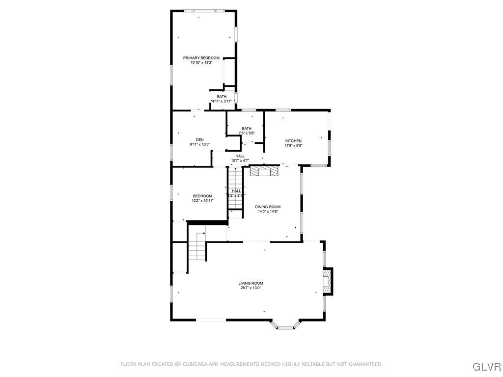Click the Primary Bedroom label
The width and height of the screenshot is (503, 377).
(x=201, y=58)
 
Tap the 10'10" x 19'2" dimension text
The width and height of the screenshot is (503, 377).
(x=201, y=63)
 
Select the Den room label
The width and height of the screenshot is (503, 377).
(x=199, y=139)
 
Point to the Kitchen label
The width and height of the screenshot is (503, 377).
(x=293, y=141)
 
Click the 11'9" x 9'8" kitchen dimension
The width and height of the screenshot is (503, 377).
(x=293, y=145)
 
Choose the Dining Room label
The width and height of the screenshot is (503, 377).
(x=268, y=207)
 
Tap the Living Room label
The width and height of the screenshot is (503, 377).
(x=251, y=283)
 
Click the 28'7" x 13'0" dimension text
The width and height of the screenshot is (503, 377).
(x=251, y=288)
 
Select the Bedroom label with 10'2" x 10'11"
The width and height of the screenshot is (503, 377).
(x=202, y=196)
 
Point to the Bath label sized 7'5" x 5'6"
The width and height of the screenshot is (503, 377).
(x=246, y=129)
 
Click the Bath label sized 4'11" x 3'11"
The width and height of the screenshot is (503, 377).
(x=222, y=97)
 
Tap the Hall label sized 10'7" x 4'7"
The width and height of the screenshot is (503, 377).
(x=240, y=156)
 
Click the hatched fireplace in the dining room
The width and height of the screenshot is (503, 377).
(x=264, y=171)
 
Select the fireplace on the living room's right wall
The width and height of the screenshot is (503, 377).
(x=327, y=281)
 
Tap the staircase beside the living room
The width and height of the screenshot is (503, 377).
(x=197, y=247)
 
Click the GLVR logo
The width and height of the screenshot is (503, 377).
(x=486, y=367)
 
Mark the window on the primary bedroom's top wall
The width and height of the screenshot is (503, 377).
(x=204, y=10)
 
